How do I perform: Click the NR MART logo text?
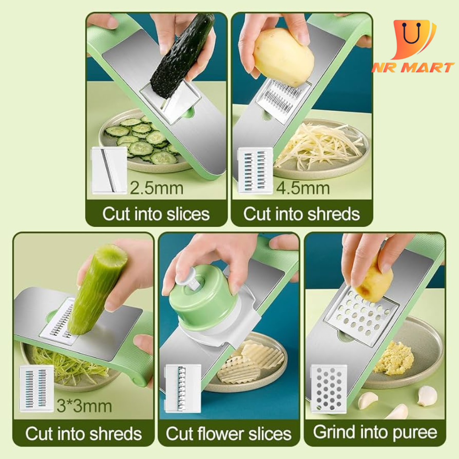click(x=413, y=68)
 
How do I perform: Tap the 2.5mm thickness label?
click(x=156, y=188)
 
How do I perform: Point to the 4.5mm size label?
click(x=303, y=188)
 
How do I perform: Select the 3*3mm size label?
click(x=84, y=406)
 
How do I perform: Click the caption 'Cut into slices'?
click(x=156, y=214)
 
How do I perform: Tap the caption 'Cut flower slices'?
click(x=229, y=433)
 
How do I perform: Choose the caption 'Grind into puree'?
click(x=375, y=432)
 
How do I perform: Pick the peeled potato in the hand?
click(x=283, y=57)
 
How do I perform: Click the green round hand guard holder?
click(x=205, y=300)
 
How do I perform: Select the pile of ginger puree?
click(x=394, y=358)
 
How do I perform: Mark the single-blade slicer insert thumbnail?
click(x=109, y=170)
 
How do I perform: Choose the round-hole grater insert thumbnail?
click(x=329, y=389)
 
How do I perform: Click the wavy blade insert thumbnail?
click(x=183, y=388)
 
